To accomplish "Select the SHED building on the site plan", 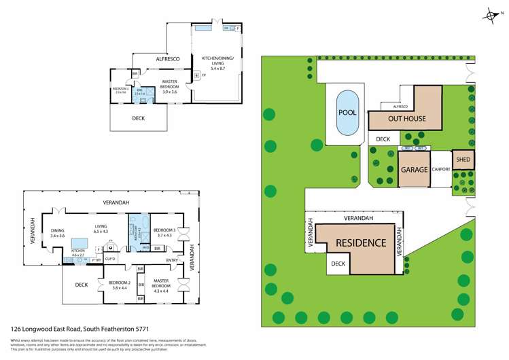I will (x=463, y=160).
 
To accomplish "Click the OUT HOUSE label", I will (x=406, y=119).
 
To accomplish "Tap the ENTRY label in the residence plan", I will (x=172, y=259).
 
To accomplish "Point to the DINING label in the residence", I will (x=58, y=230).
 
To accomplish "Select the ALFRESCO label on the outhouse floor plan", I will (x=167, y=60).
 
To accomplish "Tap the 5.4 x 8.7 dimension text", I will (x=217, y=69).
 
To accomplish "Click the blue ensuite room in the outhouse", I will (x=141, y=95).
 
